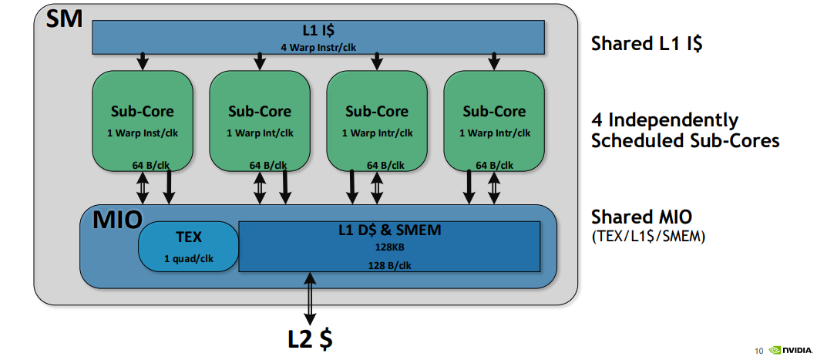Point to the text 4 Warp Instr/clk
point(318,47)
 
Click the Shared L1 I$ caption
point(647,44)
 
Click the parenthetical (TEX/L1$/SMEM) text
point(648,236)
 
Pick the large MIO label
point(117,220)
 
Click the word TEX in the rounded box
point(188,236)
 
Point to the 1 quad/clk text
point(188,258)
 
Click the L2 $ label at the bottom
point(311,338)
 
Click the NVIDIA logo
point(790,351)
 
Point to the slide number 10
point(758,352)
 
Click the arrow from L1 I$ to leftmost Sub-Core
point(142,60)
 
